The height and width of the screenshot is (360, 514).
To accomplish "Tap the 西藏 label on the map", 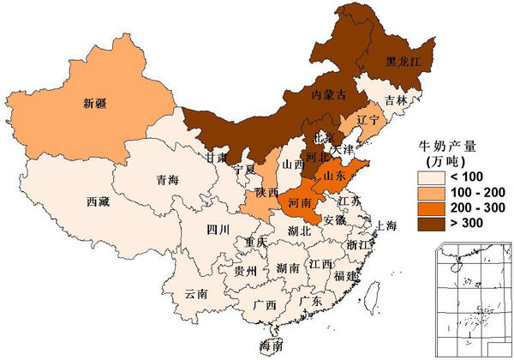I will point(99,202).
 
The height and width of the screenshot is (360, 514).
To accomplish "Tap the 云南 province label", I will point(196,293).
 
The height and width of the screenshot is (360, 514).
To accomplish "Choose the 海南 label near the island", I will point(272,346).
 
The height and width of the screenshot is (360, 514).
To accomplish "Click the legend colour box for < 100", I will point(428,177).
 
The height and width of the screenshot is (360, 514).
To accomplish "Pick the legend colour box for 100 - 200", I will point(428,193).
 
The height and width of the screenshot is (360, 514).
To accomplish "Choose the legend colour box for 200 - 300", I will point(428,208).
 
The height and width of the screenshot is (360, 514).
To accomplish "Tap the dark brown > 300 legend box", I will point(428,224).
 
